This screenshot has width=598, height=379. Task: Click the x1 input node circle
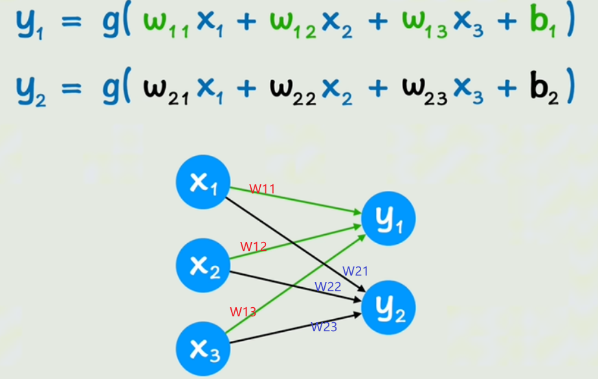click(x=203, y=182)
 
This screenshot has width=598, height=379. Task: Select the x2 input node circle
click(x=203, y=265)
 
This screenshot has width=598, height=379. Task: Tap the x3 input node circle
click(x=203, y=348)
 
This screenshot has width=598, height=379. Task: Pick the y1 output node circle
click(x=388, y=219)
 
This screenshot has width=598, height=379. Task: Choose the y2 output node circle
click(x=388, y=308)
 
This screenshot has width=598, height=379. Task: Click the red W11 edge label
click(x=262, y=189)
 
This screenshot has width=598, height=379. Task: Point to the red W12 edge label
click(x=253, y=246)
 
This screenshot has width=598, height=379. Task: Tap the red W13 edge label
click(x=243, y=312)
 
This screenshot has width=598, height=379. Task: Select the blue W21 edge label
click(x=355, y=271)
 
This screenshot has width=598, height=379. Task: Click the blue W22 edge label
click(x=327, y=287)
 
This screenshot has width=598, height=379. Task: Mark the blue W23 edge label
click(x=324, y=327)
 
